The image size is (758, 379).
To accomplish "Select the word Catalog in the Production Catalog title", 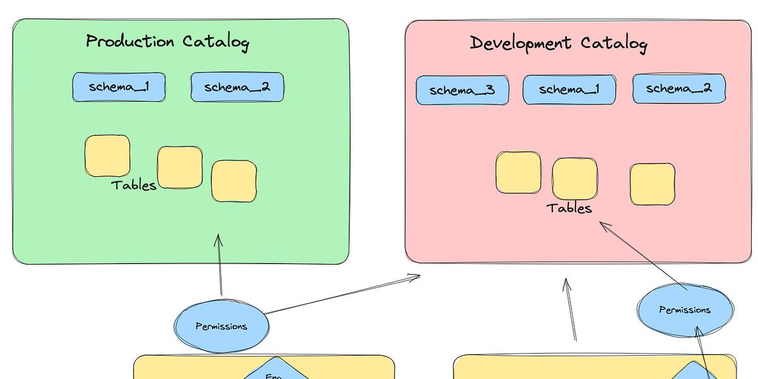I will (x=216, y=42).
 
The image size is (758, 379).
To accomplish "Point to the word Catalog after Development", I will (x=613, y=44).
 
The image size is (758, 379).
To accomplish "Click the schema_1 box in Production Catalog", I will (x=119, y=87).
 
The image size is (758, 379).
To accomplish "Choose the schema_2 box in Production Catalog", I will (x=237, y=87).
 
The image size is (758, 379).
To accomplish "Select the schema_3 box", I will (x=462, y=90).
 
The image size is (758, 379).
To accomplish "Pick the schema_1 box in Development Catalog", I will (x=569, y=90).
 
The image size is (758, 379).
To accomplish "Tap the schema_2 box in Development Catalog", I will (x=679, y=88).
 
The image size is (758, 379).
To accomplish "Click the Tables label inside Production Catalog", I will (x=133, y=185).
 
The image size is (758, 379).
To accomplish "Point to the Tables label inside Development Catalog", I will (x=569, y=208).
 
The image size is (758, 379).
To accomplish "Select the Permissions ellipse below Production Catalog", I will (x=221, y=326).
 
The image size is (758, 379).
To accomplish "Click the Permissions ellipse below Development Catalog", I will (x=685, y=310).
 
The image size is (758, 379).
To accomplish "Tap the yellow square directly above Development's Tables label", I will (x=574, y=179).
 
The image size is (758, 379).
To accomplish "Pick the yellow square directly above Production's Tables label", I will (x=107, y=155).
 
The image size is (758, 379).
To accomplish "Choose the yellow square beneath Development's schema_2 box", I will (x=652, y=184).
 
